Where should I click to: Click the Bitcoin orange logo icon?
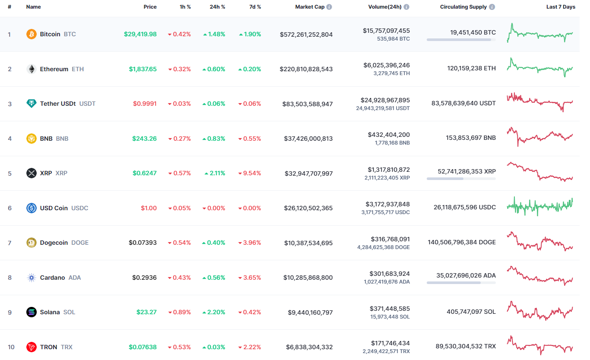[32, 34]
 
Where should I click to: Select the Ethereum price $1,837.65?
[143, 69]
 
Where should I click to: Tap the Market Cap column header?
[310, 7]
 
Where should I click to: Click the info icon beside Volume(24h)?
[406, 7]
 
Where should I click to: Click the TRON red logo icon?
[32, 347]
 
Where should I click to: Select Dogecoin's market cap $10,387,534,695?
[308, 243]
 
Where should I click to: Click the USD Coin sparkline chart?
[540, 207]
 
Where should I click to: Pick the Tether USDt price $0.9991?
[145, 104]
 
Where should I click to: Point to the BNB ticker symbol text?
[62, 139]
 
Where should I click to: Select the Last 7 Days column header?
[561, 7]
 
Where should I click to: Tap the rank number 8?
[10, 278]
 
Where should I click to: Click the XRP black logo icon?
[32, 173]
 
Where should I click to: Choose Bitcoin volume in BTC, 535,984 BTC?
[393, 39]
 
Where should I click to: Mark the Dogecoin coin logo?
[32, 243]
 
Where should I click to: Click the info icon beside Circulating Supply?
[492, 7]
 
